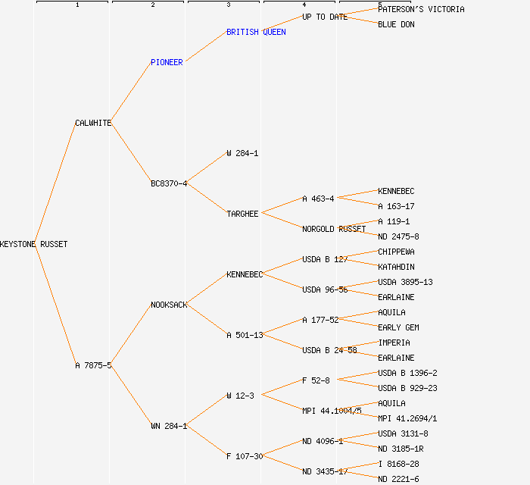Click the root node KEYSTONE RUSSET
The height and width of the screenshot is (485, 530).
pos(33,244)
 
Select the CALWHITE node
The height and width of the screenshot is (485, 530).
pos(93,123)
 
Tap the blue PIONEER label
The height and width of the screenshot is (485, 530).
pos(167,62)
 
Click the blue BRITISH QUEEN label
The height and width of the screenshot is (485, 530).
pos(256,32)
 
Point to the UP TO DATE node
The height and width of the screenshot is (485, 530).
pos(325,17)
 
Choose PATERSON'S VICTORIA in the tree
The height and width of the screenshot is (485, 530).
pos(421,9)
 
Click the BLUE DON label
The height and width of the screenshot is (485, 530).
pos(396,24)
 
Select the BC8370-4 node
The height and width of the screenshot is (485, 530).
pos(169,183)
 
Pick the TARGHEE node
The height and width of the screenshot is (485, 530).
pos(242,214)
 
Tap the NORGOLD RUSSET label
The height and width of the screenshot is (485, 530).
pos(334,229)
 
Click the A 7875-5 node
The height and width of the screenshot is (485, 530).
pos(93,365)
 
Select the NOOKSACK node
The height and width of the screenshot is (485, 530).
pos(169,305)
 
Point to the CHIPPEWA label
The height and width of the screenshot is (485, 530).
pos(396,252)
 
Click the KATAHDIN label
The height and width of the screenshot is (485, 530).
pos(396,267)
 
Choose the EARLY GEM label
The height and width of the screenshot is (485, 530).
pos(398,327)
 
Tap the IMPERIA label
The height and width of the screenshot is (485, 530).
pos(394,343)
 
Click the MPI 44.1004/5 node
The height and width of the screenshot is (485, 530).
pos(332,411)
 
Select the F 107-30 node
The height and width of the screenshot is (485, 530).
pos(245,456)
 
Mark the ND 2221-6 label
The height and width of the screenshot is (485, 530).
pos(398,479)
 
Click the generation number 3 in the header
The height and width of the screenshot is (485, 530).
pos(228,5)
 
